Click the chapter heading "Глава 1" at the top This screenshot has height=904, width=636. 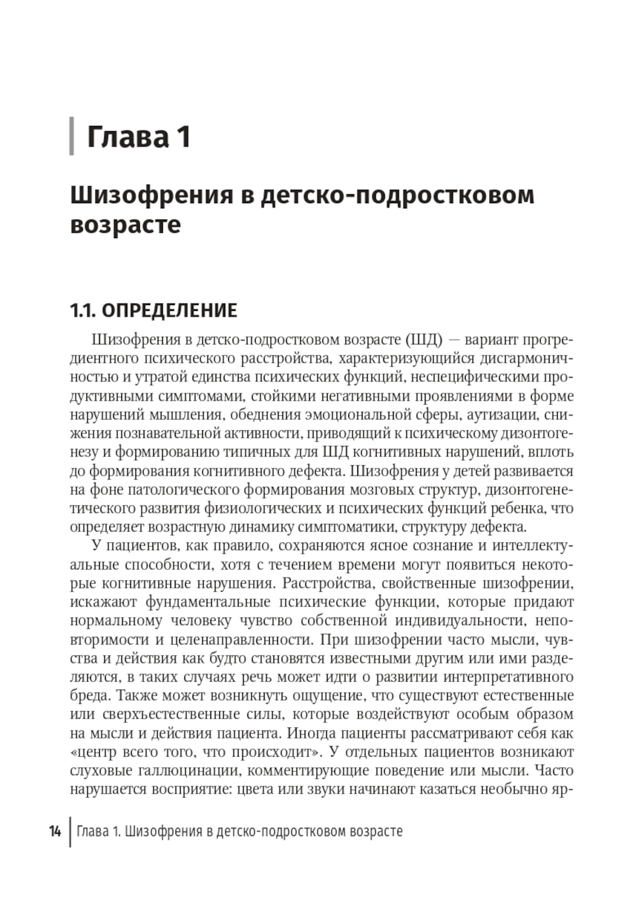coord(139,136)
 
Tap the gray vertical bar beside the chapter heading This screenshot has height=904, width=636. coord(72,136)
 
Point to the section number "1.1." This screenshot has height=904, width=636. coord(83,311)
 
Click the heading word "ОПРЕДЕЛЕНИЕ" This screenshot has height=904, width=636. coord(169,311)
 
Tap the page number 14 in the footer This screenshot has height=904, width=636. coord(55,831)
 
